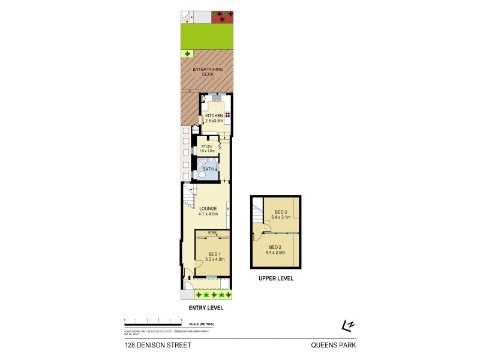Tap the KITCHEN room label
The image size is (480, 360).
(x=214, y=115)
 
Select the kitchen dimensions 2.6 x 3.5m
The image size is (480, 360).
(x=214, y=121)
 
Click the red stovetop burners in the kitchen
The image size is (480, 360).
(x=228, y=115)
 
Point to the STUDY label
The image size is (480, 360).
(x=207, y=146)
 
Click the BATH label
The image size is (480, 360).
(x=208, y=169)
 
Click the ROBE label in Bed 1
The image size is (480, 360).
(x=212, y=232)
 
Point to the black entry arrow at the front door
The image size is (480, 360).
(x=191, y=277)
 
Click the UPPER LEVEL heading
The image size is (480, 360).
(x=275, y=278)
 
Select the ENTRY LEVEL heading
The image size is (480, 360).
(x=206, y=308)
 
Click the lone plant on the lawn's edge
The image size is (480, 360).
(x=187, y=53)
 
